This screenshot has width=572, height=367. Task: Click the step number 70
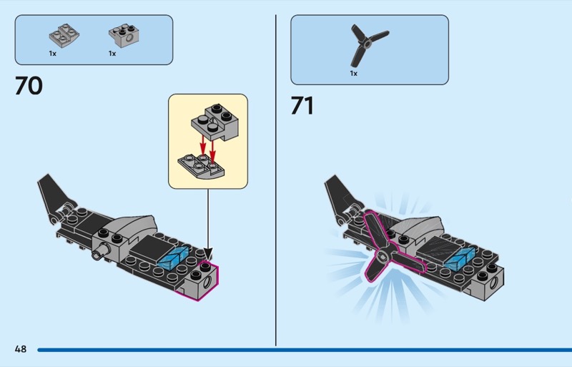[x=29, y=86]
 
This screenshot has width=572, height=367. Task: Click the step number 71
[x=302, y=105]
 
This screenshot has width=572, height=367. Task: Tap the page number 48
[x=20, y=349]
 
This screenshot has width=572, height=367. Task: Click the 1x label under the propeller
[x=353, y=73]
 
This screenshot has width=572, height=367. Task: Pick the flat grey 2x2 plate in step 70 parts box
[x=63, y=34]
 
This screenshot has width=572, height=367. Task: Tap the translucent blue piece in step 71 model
[x=459, y=258]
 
